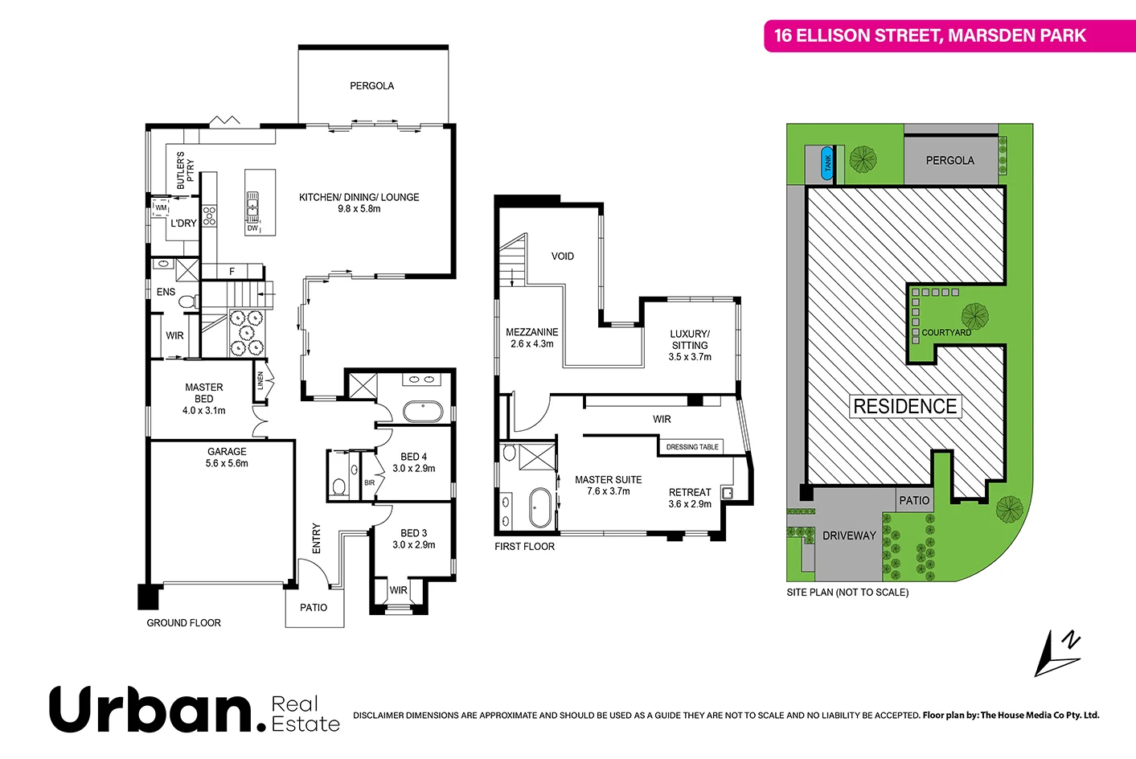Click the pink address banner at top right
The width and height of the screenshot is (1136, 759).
click(949, 35)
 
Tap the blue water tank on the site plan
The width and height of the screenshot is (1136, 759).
click(827, 162)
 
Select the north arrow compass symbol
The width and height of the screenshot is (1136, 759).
click(1057, 653)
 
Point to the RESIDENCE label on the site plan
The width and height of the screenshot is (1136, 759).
click(904, 407)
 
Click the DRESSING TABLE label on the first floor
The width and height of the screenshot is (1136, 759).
click(692, 447)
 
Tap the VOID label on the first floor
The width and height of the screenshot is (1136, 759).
click(562, 256)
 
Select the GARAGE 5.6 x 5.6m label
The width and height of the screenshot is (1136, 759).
click(227, 457)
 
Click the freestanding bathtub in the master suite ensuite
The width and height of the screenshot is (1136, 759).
click(540, 508)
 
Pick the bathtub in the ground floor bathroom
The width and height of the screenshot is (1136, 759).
click(422, 413)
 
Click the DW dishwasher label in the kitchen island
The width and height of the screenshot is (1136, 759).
click(252, 228)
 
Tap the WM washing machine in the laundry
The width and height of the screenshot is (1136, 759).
click(161, 208)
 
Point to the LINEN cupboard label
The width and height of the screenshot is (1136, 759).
click(260, 381)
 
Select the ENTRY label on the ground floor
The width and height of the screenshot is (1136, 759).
click(316, 538)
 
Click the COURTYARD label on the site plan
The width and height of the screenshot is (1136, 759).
click(946, 333)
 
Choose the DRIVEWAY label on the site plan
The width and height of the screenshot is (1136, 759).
click(849, 535)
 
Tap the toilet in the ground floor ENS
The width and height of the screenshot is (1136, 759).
click(187, 302)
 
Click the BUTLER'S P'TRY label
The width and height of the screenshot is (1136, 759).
click(185, 170)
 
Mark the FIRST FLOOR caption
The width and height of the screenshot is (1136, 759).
click(524, 547)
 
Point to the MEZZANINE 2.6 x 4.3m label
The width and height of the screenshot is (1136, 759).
click(531, 338)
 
